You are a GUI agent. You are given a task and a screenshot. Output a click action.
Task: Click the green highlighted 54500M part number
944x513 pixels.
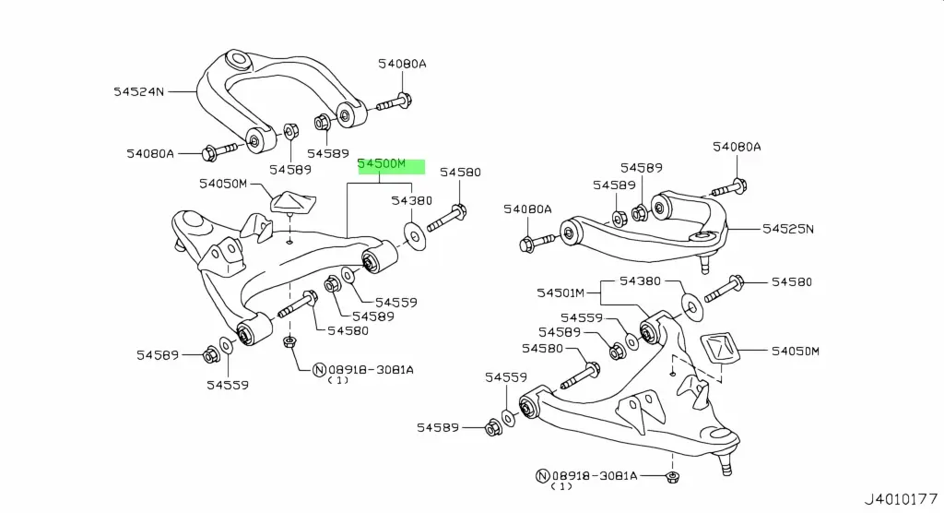391,166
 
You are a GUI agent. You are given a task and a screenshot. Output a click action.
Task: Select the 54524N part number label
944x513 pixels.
139,91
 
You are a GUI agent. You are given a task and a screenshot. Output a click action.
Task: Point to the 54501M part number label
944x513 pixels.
560,292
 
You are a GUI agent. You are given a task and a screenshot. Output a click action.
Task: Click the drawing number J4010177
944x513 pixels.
902,499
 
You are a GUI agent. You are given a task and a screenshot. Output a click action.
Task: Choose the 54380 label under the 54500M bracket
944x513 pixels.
410,200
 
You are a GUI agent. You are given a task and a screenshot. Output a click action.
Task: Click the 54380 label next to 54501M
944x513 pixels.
642,281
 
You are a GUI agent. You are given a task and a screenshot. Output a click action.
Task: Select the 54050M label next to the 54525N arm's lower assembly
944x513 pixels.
796,352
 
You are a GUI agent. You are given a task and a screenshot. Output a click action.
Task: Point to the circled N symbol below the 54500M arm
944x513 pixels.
319,370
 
